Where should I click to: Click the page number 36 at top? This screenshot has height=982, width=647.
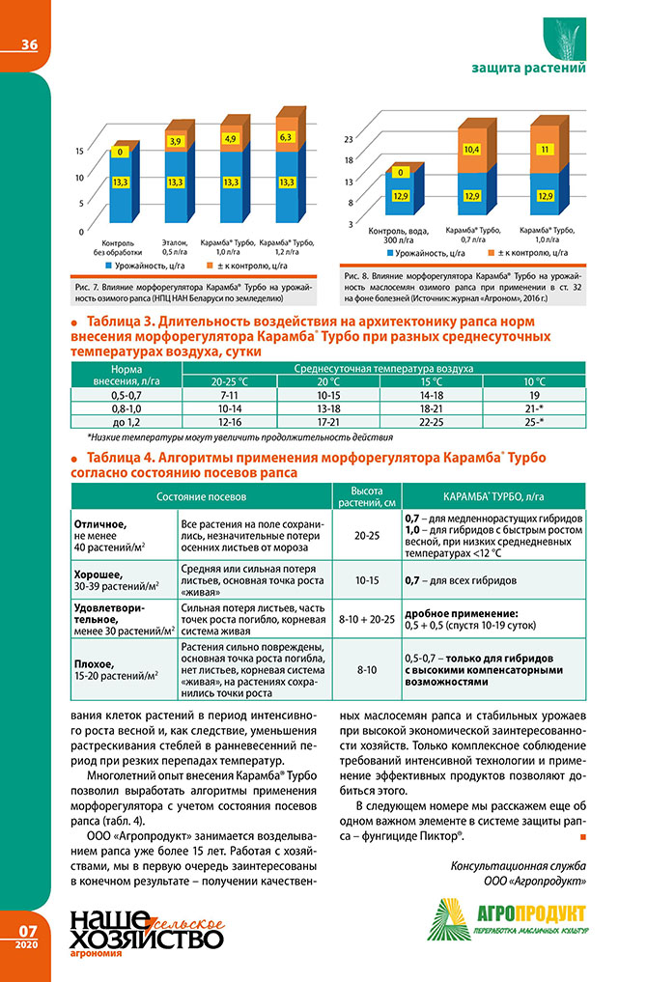[x=28, y=44]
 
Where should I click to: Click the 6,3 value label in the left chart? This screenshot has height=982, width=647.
[x=285, y=138]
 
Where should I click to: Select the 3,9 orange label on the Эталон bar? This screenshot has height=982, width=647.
[x=176, y=142]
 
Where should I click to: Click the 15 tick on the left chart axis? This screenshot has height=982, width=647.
[x=79, y=152]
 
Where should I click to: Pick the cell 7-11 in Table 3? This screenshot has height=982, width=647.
[x=229, y=396]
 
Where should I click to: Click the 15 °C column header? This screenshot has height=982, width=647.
[x=425, y=382]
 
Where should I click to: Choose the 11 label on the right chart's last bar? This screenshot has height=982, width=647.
[x=545, y=150]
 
